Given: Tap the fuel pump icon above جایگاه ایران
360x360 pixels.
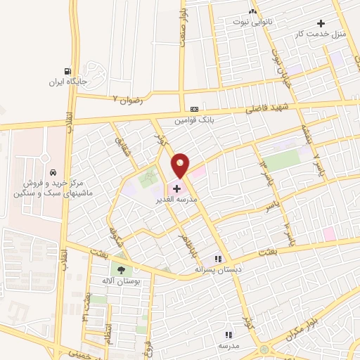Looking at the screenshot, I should pyautogui.click(x=67, y=71).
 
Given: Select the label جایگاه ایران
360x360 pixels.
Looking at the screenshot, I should pyautogui.click(x=67, y=82).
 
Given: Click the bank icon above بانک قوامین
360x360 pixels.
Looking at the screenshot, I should pyautogui.click(x=194, y=109).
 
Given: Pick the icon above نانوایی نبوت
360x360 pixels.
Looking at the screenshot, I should pyautogui.click(x=253, y=12).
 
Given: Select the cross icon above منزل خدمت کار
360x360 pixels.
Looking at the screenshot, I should pyautogui.click(x=321, y=23).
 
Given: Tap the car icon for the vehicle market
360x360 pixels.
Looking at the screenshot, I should pyautogui.click(x=53, y=172).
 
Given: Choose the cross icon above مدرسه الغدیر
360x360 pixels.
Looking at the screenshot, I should pyautogui.click(x=176, y=188).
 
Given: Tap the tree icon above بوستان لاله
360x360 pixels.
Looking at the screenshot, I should pyautogui.click(x=122, y=269).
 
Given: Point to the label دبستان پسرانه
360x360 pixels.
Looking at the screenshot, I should pyautogui.click(x=217, y=269).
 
